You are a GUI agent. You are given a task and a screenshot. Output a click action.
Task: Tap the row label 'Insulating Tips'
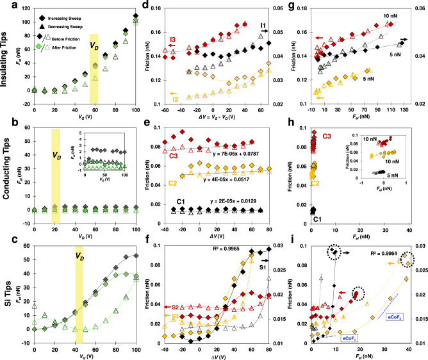(x=6, y=61)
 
